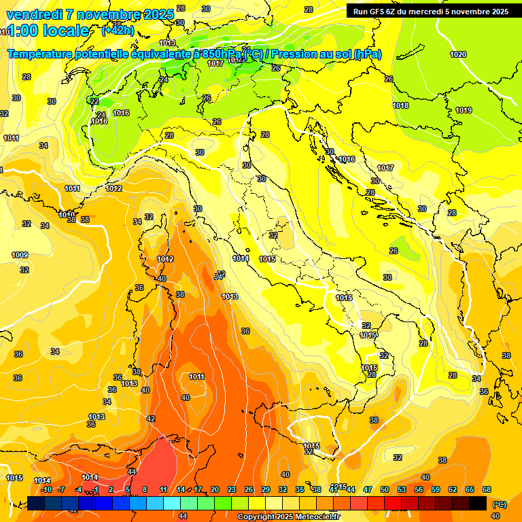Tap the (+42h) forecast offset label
click(x=117, y=31)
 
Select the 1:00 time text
click(x=22, y=31)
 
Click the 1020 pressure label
click(x=458, y=54)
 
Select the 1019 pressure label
click(x=464, y=110)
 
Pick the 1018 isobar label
click(x=400, y=105)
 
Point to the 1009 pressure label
click(x=20, y=255)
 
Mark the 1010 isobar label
click(x=67, y=215)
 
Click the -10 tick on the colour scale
click(x=46, y=489)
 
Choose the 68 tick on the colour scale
click(x=487, y=489)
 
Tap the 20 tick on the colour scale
click(x=215, y=489)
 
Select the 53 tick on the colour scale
click(x=402, y=489)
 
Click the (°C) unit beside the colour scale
click(x=499, y=504)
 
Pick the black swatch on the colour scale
click(x=478, y=503)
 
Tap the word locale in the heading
click(x=65, y=31)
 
